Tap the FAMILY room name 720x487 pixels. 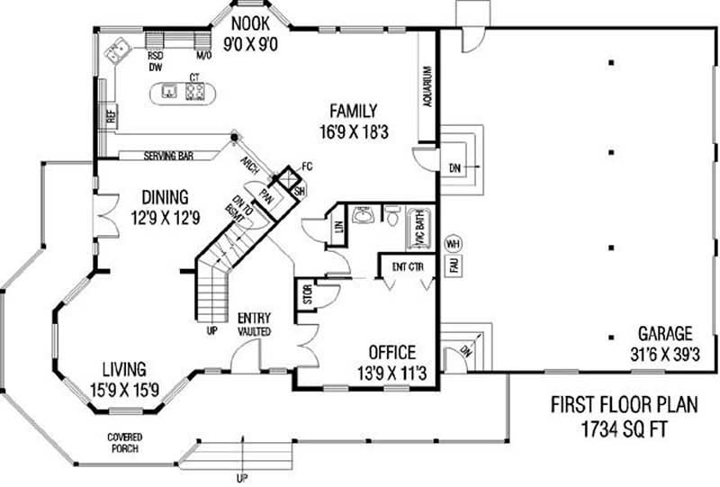(x=352, y=111)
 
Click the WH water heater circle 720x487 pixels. (x=453, y=243)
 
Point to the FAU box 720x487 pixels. (x=454, y=266)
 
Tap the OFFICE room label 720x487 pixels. (x=391, y=352)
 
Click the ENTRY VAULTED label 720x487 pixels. (x=255, y=324)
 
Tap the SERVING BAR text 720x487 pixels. (x=168, y=156)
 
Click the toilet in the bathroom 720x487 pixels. (x=392, y=215)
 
